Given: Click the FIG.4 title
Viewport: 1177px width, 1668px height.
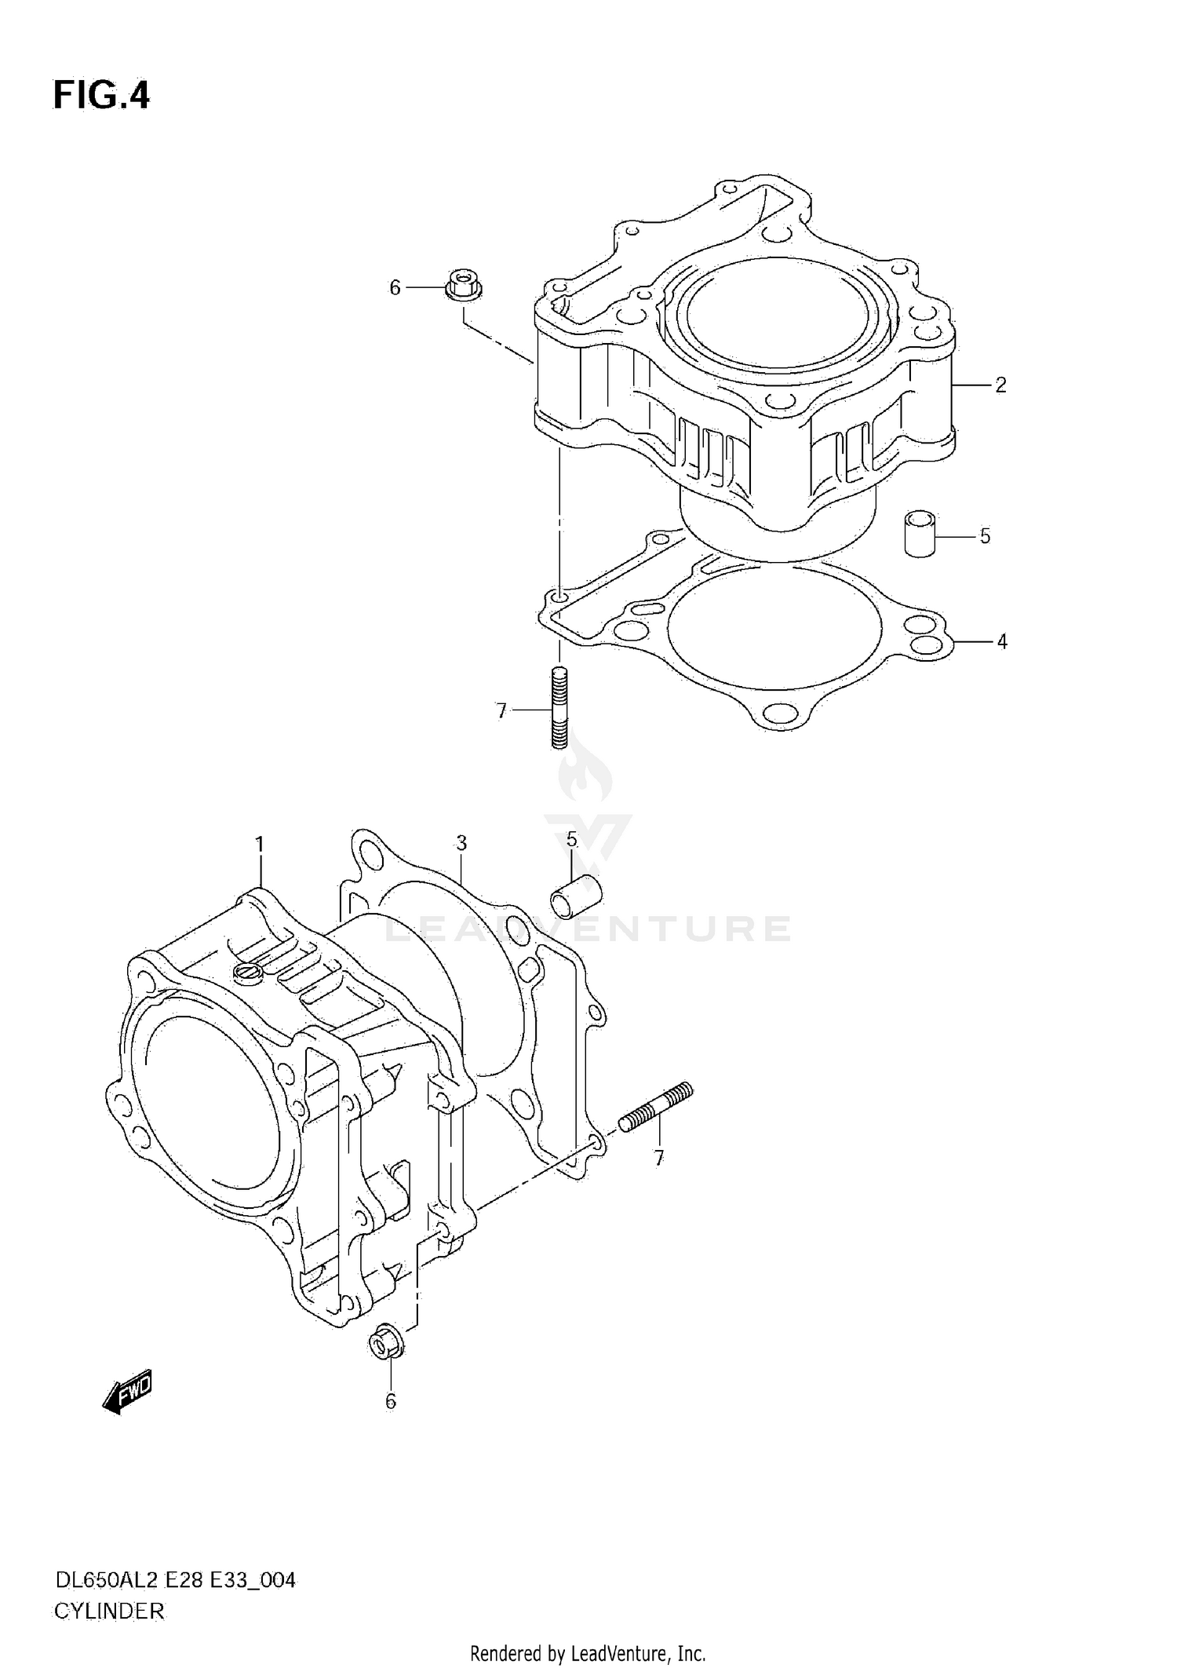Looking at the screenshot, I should (100, 96).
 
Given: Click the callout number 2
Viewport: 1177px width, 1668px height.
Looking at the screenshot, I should (1000, 385).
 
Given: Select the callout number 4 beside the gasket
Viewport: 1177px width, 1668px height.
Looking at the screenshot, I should (1002, 641).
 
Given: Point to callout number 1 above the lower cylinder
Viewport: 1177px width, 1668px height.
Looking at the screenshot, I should (259, 845).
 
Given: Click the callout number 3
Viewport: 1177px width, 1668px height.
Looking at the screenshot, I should (461, 843).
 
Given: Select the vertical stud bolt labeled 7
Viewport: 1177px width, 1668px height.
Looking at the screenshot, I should (559, 708).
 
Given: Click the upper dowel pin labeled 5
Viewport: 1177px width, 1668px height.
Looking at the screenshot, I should (920, 534).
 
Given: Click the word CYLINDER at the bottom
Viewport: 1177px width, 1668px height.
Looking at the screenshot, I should (109, 1611).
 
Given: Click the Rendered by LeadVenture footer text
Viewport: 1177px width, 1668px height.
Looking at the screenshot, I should (588, 1653).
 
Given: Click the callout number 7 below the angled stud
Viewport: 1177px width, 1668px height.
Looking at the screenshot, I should (658, 1157).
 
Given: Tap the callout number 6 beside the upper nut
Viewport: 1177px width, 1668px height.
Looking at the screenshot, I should (395, 288).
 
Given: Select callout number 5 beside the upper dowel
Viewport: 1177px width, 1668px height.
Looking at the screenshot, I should (985, 536).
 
